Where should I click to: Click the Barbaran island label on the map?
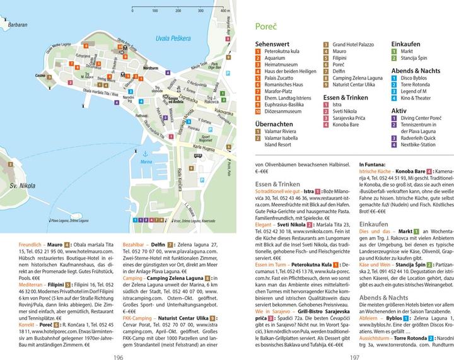[18, 25]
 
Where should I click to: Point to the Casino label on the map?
[41, 75]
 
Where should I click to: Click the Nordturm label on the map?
[151, 67]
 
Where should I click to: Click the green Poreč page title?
[266, 26]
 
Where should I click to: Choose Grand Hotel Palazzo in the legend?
[353, 44]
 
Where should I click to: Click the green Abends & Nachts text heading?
[382, 297]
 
